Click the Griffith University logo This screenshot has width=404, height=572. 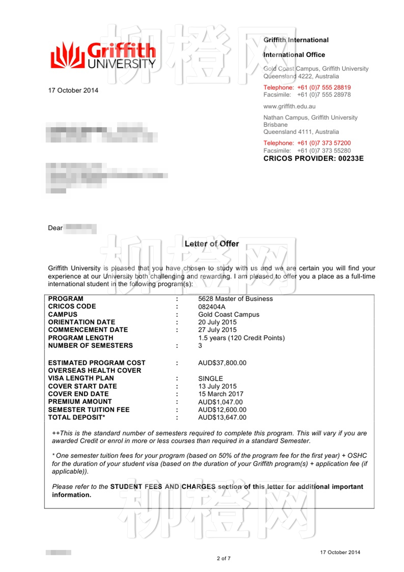(103, 55)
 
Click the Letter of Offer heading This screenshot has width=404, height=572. (212, 244)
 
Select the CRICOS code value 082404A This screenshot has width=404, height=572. (212, 307)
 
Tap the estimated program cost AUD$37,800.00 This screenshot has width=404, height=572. (222, 363)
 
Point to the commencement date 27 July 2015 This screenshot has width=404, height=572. (217, 330)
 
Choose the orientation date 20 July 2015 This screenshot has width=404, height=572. (217, 322)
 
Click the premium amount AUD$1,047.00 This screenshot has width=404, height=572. (220, 402)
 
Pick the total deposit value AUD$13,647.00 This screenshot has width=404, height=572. (222, 417)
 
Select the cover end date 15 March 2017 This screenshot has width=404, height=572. (221, 394)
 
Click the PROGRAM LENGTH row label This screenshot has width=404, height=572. (81, 338)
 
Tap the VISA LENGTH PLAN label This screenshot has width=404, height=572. (81, 378)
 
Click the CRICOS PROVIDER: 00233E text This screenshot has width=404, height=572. (313, 158)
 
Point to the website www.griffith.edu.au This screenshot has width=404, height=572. (289, 106)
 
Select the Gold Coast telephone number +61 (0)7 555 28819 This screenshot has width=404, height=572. (324, 87)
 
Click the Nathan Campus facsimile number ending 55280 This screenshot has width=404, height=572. (324, 151)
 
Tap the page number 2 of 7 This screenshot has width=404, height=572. (224, 558)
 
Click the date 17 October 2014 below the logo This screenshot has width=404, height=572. (73, 90)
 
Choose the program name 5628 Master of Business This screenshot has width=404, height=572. (235, 299)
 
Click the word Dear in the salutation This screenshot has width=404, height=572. (55, 228)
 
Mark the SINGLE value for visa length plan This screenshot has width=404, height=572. (210, 378)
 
